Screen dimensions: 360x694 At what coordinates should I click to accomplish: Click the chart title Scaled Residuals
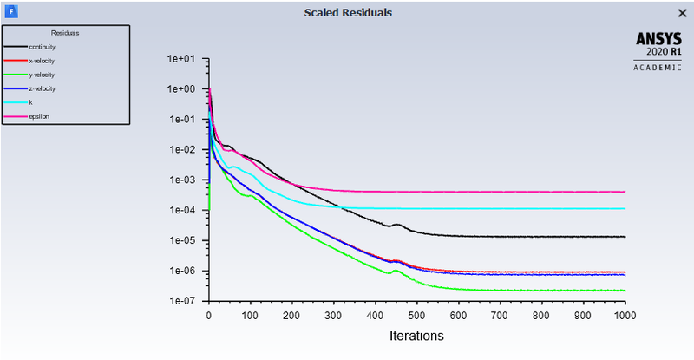(x=347, y=13)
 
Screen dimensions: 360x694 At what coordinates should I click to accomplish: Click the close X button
(x=681, y=13)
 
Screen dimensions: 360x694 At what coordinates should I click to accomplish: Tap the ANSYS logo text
(x=659, y=39)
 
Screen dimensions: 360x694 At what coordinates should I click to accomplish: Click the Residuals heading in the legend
(x=65, y=32)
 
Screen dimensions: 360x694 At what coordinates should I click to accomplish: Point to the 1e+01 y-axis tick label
(x=183, y=59)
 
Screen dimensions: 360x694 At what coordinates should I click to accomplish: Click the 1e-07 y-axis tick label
(x=183, y=301)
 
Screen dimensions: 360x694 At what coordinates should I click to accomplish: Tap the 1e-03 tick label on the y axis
(x=183, y=180)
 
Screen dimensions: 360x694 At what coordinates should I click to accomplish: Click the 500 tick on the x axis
(x=416, y=316)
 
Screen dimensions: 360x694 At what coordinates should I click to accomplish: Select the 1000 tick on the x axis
(x=625, y=316)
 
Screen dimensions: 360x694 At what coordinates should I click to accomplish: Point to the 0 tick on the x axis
(x=208, y=316)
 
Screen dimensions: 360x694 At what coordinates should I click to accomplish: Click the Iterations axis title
(x=416, y=335)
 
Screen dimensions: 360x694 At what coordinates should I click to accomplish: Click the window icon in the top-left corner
(x=10, y=12)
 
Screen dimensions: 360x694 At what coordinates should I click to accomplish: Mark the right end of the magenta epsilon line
(x=625, y=192)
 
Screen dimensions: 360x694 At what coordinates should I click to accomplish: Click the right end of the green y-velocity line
(x=625, y=291)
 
